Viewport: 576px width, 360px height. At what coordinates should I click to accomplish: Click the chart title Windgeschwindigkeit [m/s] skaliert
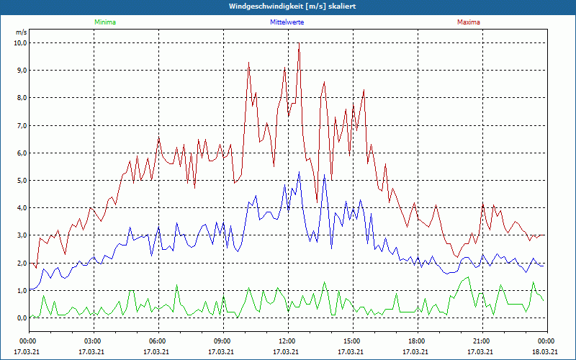292,6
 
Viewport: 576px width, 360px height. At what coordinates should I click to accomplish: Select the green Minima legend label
105,22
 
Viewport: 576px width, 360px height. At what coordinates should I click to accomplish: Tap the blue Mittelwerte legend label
287,22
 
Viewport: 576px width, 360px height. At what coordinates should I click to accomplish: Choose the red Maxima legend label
469,22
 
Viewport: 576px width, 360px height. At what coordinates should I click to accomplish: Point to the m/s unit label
22,32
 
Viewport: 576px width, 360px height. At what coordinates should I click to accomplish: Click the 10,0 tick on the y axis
21,43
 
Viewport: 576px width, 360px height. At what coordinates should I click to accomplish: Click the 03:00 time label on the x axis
94,341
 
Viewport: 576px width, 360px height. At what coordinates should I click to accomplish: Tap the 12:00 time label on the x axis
288,341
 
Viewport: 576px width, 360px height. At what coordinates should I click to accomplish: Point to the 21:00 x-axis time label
482,341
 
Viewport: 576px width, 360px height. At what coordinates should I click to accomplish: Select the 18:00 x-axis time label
418,341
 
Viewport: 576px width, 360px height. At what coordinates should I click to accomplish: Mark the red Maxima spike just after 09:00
248,63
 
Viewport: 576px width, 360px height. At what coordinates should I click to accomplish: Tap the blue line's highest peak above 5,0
299,171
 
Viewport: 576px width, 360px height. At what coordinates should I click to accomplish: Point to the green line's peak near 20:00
467,277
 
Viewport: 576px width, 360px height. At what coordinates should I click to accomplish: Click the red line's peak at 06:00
158,138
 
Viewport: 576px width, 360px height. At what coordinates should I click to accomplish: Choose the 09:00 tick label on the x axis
223,341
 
